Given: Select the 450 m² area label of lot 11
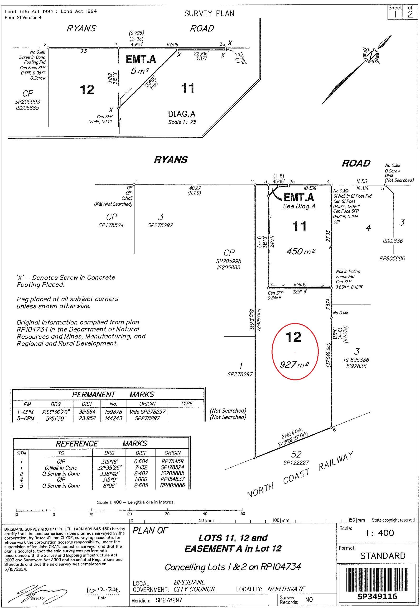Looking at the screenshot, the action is click(301, 252).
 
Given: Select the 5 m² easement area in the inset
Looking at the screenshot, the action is click(140, 71).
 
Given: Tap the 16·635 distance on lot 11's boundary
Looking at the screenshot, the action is click(300, 285).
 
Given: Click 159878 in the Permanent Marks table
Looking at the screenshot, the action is click(113, 411).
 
